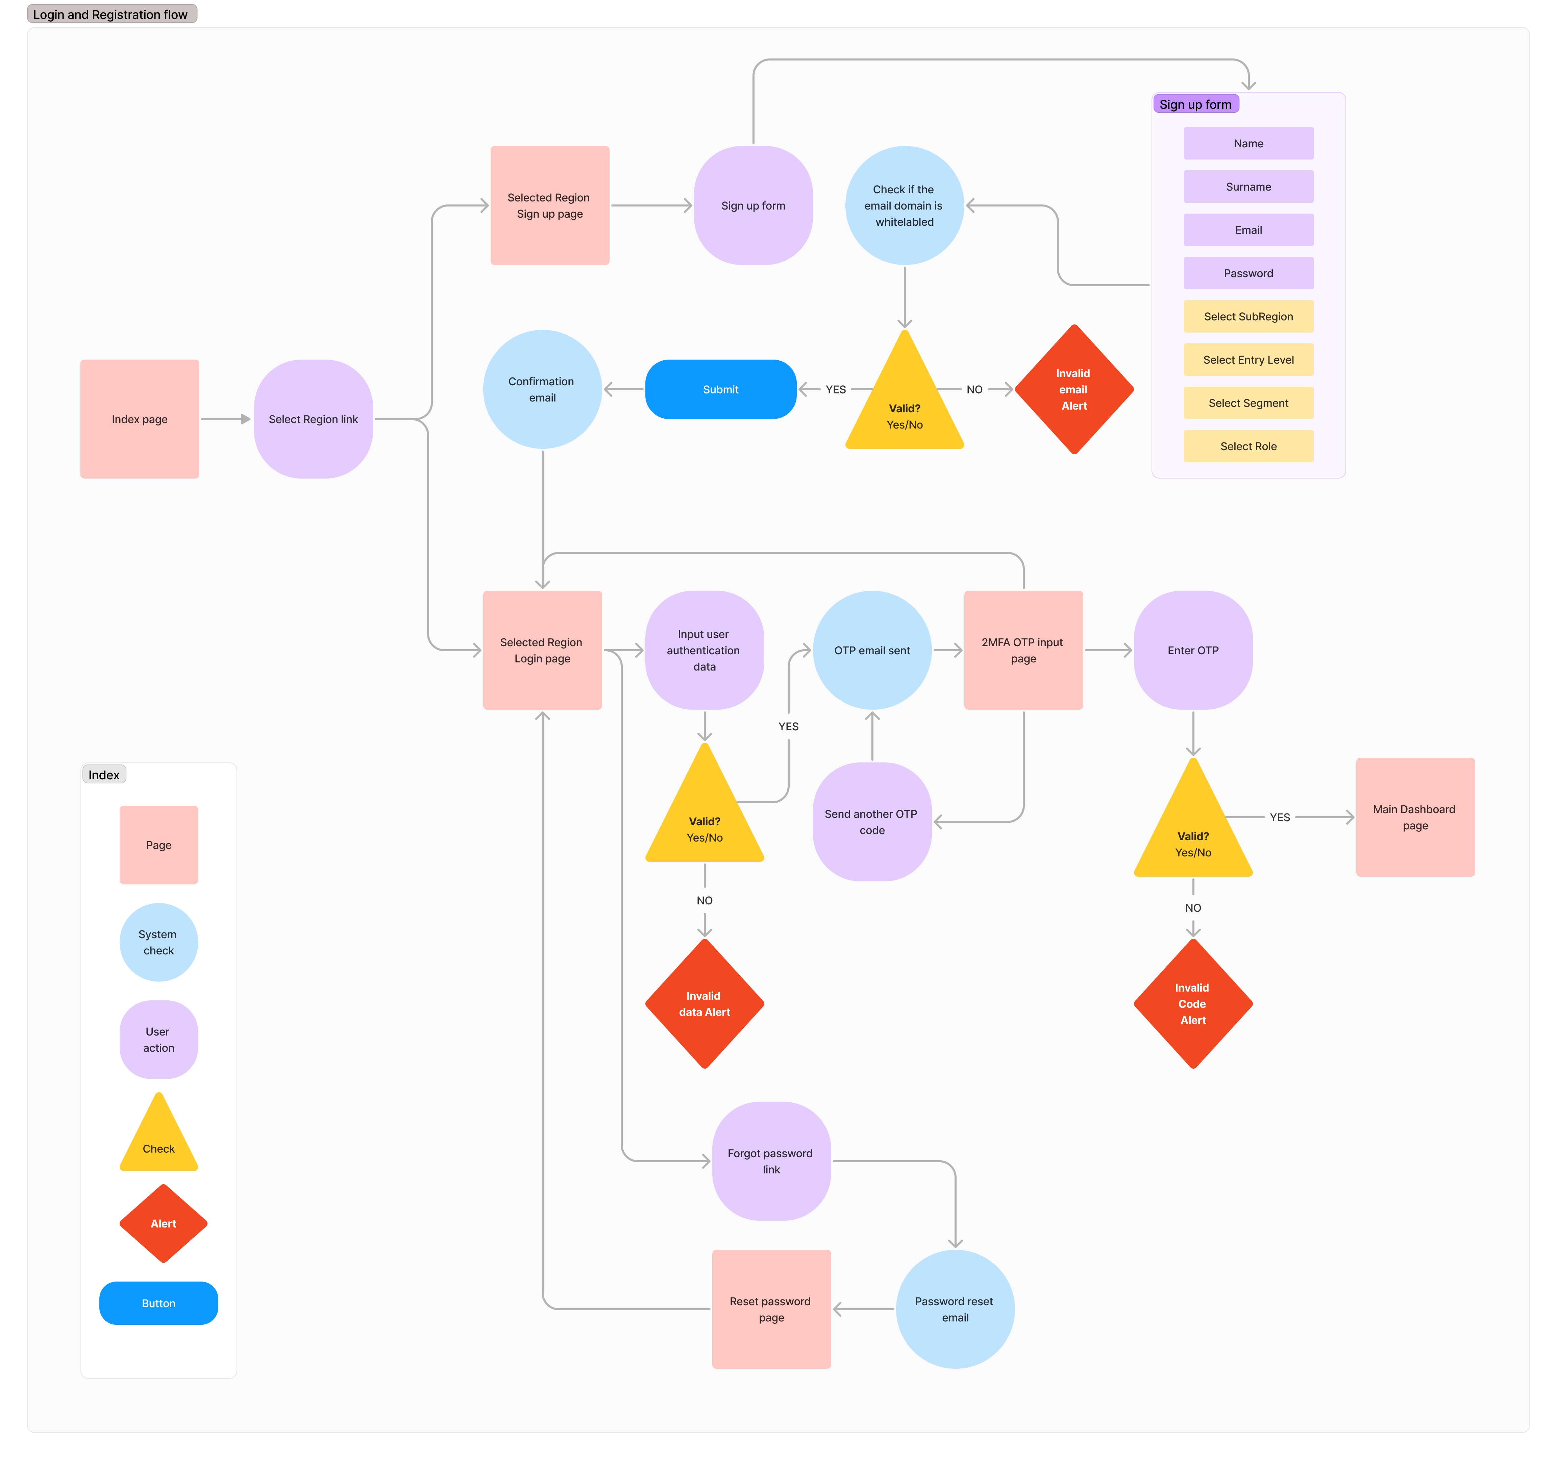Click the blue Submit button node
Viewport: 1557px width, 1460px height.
[x=720, y=389]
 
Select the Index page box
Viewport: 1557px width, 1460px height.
[x=140, y=419]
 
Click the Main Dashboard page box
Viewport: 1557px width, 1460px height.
[x=1415, y=817]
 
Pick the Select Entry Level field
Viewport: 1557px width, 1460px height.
[x=1249, y=360]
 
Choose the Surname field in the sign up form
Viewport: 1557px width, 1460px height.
[x=1249, y=187]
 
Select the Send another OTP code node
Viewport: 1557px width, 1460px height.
[x=872, y=822]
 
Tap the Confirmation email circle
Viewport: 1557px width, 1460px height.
[x=542, y=389]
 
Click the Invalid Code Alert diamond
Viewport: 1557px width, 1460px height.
[x=1193, y=1003]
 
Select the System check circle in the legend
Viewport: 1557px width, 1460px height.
[x=158, y=942]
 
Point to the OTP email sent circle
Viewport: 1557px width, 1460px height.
[x=872, y=650]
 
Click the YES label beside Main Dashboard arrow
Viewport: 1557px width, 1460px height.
[x=1280, y=817]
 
